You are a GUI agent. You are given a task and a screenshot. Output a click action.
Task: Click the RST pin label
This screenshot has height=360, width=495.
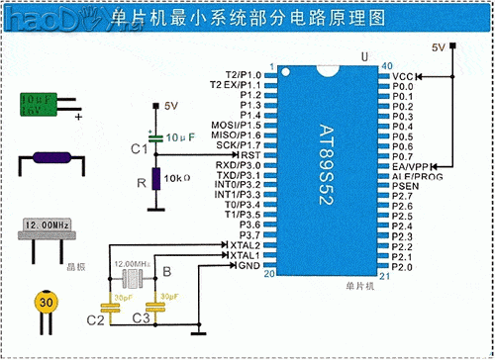(250, 155)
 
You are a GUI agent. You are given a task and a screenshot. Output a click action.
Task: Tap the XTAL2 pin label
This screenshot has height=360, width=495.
(246, 244)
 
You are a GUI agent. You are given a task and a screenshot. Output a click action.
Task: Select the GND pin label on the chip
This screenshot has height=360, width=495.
(249, 265)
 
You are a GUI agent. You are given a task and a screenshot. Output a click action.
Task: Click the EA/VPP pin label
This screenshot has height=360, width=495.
(411, 165)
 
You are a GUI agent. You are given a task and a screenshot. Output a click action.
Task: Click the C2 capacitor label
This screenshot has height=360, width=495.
(95, 320)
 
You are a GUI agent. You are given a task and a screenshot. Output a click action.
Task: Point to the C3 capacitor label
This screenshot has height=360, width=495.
(141, 320)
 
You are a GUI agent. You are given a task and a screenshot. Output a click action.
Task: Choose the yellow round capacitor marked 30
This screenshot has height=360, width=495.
(46, 303)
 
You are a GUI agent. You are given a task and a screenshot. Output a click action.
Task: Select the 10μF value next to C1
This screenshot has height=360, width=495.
(180, 135)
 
